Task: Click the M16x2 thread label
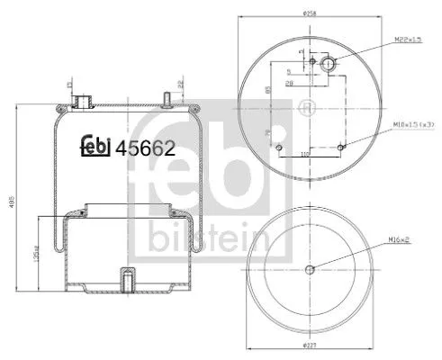click(x=400, y=239)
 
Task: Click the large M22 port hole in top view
click(x=329, y=64)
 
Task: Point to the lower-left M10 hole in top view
click(x=279, y=147)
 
